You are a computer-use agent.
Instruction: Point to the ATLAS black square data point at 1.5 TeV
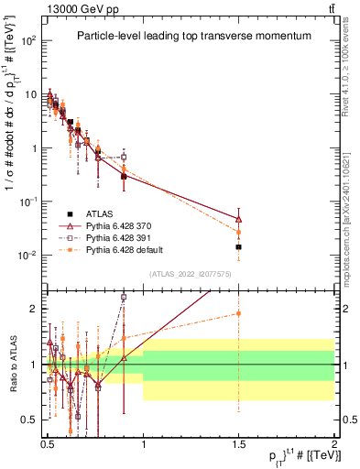tap(238, 247)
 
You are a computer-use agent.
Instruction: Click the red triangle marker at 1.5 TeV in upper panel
tap(238, 219)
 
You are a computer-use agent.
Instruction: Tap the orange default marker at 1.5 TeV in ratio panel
tap(238, 313)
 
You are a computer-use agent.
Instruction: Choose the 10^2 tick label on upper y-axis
tap(28, 41)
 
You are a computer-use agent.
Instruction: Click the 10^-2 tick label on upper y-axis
tap(28, 255)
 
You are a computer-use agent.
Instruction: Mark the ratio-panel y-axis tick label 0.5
tap(31, 420)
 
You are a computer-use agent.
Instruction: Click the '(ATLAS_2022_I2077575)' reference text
tap(190, 274)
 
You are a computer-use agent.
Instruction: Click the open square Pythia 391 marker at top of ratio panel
tap(123, 297)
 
